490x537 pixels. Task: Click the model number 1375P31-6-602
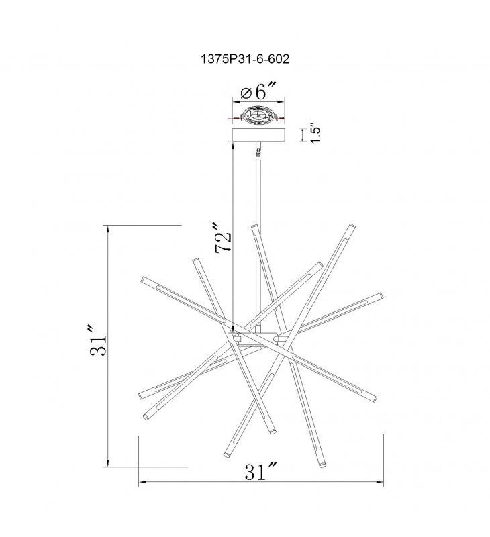click(x=245, y=59)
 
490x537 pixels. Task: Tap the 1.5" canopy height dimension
click(x=315, y=133)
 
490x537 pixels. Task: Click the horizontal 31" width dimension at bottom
click(x=260, y=471)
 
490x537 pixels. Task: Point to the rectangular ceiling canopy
click(x=258, y=135)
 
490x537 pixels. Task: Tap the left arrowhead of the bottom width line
click(x=142, y=482)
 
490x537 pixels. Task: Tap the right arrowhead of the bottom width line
click(x=380, y=482)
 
